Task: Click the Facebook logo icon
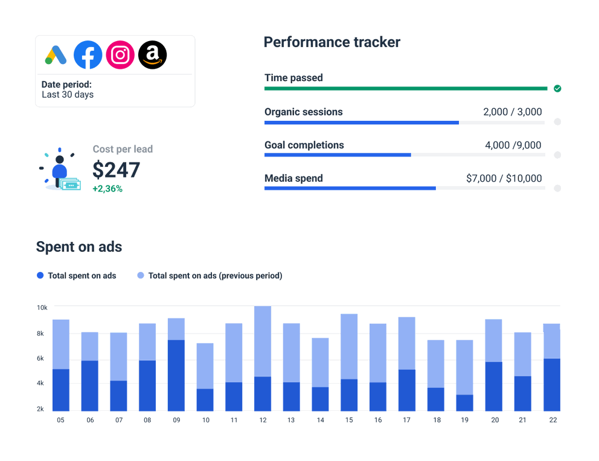tap(88, 55)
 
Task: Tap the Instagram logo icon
tap(120, 55)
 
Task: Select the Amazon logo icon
tap(152, 55)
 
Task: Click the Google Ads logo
tap(56, 55)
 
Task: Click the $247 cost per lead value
tap(116, 170)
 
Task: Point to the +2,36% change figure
tap(107, 189)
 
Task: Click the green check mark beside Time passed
tap(557, 88)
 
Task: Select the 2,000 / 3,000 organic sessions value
tap(512, 112)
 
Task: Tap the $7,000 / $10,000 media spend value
tap(504, 178)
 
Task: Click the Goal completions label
tap(304, 145)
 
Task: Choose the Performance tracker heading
tap(332, 42)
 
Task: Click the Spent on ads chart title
tap(79, 247)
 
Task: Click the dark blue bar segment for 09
tap(176, 375)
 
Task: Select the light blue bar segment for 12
tap(263, 341)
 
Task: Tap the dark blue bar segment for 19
tap(464, 402)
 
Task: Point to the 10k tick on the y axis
tap(42, 308)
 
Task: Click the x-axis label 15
tap(349, 420)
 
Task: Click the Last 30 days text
tap(68, 95)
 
